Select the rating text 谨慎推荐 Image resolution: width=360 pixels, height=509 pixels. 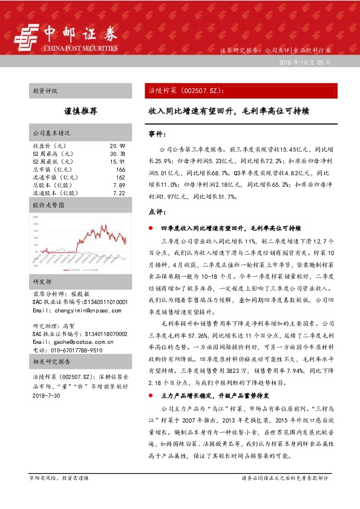80,112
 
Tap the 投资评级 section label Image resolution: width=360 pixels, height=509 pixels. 45,91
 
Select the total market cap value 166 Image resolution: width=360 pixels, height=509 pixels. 120,170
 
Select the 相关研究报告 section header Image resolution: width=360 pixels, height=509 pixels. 51,362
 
